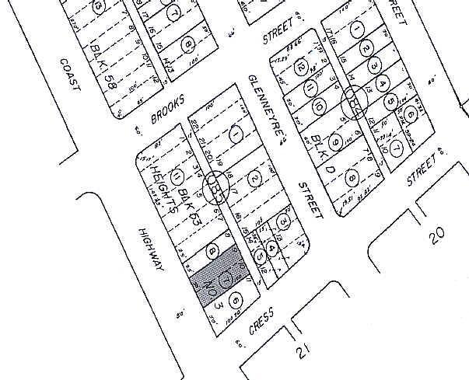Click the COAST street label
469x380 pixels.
69,76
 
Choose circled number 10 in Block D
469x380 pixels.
318,105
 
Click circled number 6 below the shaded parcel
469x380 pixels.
234,296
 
